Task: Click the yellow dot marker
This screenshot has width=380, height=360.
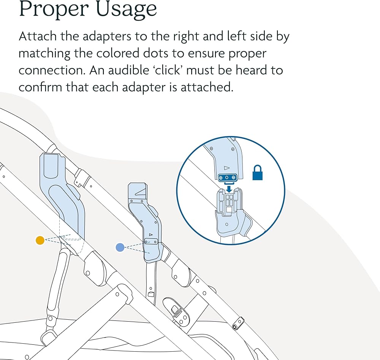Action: (40, 240)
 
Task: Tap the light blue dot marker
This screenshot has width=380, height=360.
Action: (120, 247)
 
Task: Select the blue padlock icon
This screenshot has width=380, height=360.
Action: (258, 174)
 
